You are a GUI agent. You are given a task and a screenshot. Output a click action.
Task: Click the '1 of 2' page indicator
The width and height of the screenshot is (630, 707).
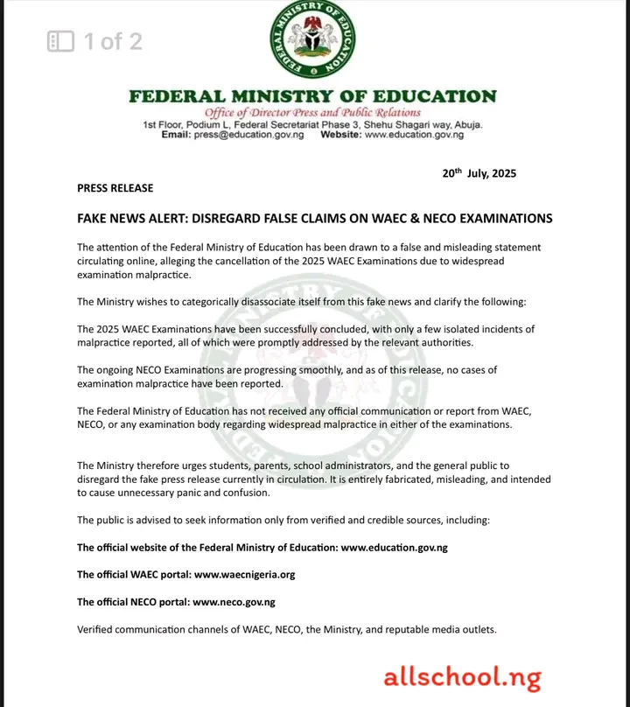pos(113,41)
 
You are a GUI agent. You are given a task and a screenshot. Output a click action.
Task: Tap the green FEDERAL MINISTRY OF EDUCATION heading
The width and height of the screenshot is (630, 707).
pos(312,96)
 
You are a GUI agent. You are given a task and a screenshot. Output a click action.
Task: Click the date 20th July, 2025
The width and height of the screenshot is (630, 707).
pos(479,172)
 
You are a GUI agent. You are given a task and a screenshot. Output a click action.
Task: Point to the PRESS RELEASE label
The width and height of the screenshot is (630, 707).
pos(115,188)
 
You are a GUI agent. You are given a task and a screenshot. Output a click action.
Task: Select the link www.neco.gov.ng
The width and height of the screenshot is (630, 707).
pos(234,602)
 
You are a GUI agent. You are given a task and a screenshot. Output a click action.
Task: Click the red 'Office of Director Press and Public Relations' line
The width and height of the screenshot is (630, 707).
pos(312,113)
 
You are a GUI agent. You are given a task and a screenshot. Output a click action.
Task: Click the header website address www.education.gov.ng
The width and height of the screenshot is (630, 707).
pos(414,135)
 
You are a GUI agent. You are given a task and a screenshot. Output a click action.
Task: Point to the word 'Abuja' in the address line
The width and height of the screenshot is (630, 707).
pos(465,124)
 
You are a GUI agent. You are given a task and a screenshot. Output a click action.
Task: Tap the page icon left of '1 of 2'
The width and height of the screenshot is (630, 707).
pos(60,41)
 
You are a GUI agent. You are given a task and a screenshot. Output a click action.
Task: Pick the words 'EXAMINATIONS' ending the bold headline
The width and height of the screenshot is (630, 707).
pos(498,218)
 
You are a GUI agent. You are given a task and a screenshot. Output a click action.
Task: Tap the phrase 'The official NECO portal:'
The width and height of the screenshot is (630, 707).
pos(133,602)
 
